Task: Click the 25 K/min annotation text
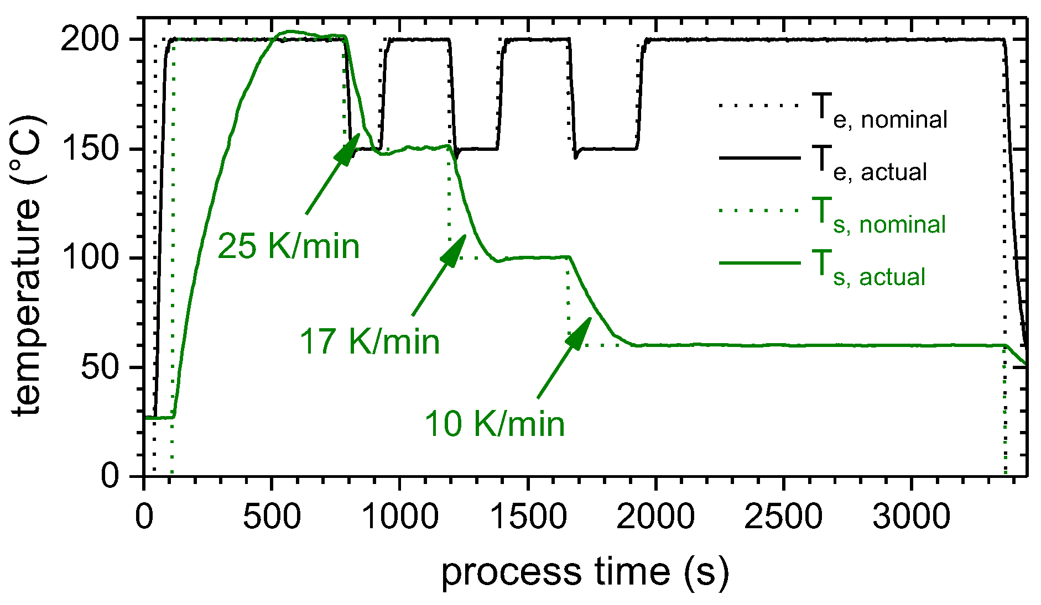point(288,246)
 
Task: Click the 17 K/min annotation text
point(369,341)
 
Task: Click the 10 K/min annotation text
point(495,424)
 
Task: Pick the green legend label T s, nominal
point(880,216)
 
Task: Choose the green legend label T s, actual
point(870,269)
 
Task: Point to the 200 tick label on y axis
point(90,40)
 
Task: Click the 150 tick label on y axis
point(90,149)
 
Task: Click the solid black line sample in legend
point(759,158)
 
